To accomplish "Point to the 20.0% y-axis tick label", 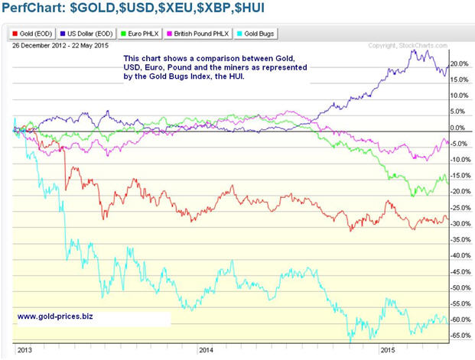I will (x=459, y=63).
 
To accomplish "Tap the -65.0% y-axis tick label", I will (x=459, y=336).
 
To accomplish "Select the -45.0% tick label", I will (x=459, y=272).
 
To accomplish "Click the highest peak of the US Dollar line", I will (x=416, y=50).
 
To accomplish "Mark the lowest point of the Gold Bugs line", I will (x=350, y=338).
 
